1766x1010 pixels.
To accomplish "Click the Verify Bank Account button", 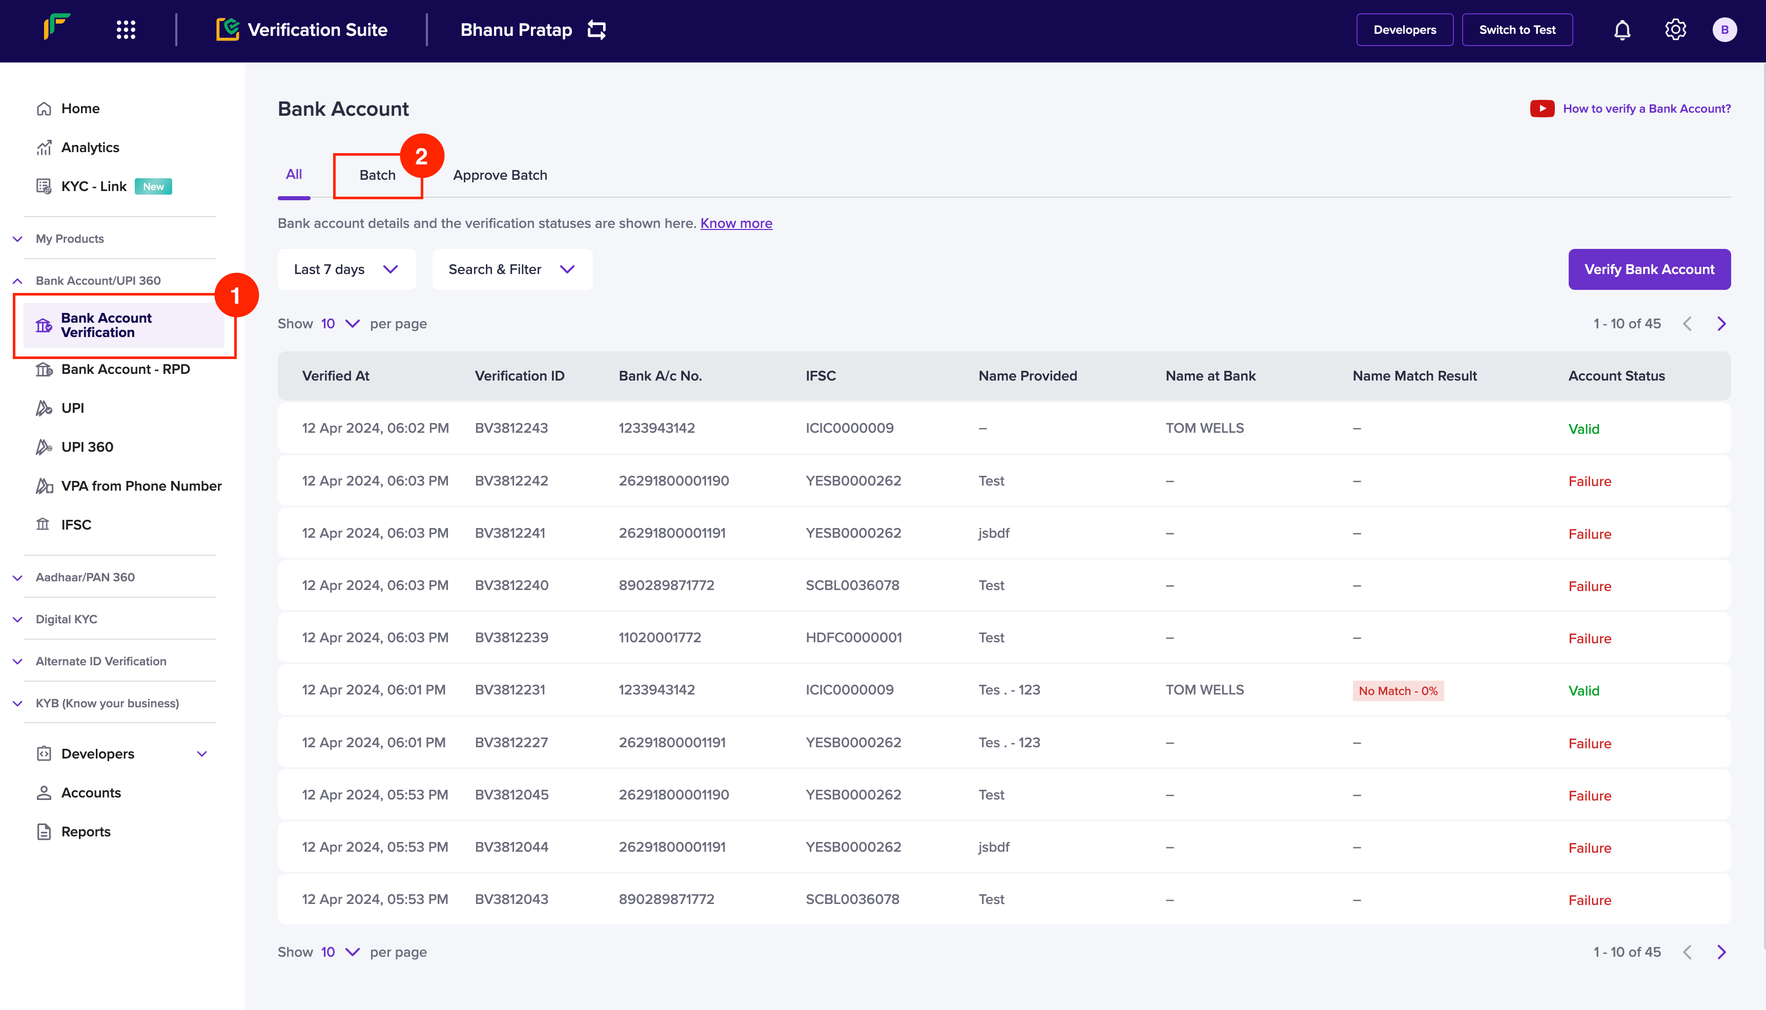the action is (x=1649, y=269).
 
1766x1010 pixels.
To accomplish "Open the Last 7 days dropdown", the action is (x=346, y=269).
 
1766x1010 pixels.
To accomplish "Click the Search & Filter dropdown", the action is (x=512, y=269).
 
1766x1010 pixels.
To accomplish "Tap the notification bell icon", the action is (x=1621, y=30).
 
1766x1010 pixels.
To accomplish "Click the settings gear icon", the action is (x=1675, y=30).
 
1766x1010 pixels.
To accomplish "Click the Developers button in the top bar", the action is (x=1405, y=30).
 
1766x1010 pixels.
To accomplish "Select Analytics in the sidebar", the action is (x=90, y=147).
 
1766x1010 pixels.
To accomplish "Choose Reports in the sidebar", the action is (x=86, y=831).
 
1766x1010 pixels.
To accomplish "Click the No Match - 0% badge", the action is (x=1398, y=690).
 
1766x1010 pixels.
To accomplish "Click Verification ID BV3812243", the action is (x=511, y=428).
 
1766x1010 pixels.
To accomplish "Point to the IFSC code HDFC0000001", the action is (x=853, y=638).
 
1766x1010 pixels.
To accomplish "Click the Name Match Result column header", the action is (x=1414, y=375).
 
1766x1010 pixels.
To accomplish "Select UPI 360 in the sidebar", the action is (x=87, y=447).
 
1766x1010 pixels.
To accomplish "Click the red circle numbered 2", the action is (x=421, y=156).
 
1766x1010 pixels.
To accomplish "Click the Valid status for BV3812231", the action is (x=1584, y=691).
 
